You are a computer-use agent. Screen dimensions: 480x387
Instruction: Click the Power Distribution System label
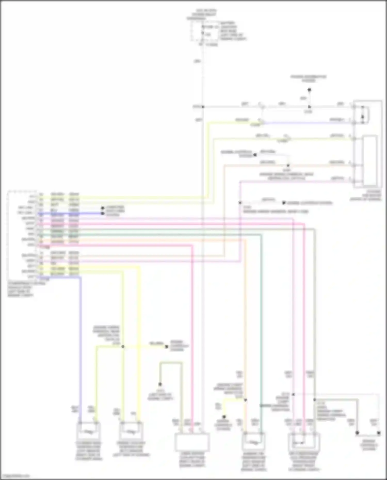click(x=309, y=78)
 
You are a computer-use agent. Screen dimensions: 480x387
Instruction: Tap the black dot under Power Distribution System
click(x=309, y=90)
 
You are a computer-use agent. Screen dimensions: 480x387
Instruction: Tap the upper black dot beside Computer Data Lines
click(x=102, y=208)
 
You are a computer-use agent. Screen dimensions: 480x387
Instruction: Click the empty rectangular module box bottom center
click(x=192, y=442)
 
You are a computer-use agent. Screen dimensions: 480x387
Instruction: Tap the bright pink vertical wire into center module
click(x=192, y=335)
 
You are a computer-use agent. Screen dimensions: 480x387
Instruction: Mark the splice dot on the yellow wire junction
click(x=123, y=346)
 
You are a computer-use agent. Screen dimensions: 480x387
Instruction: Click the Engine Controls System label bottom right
click(x=369, y=445)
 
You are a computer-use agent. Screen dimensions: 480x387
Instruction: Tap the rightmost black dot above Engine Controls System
click(x=379, y=433)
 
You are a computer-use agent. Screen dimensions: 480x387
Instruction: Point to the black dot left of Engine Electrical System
click(x=284, y=203)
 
